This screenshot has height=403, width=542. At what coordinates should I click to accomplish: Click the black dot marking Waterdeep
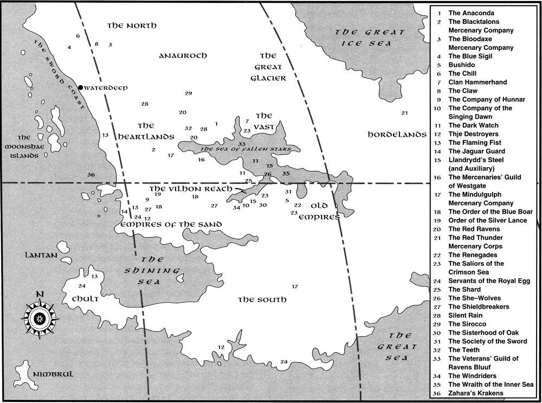pyautogui.click(x=80, y=87)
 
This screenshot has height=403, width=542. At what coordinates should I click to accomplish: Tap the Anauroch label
pyautogui.click(x=183, y=56)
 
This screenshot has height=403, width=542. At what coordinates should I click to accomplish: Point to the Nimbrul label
pyautogui.click(x=51, y=375)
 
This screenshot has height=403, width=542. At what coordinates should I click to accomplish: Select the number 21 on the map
pyautogui.click(x=404, y=113)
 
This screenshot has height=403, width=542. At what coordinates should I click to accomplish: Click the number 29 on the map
pyautogui.click(x=188, y=93)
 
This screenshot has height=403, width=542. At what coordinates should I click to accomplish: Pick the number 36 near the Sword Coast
pyautogui.click(x=91, y=175)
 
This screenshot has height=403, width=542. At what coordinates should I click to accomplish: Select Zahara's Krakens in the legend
pyautogui.click(x=475, y=393)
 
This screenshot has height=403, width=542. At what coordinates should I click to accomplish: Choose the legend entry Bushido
pyautogui.click(x=461, y=65)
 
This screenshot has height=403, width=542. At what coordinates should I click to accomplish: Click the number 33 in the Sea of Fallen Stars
pyautogui.click(x=242, y=144)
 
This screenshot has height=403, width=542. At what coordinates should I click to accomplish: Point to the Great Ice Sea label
pyautogui.click(x=370, y=37)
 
